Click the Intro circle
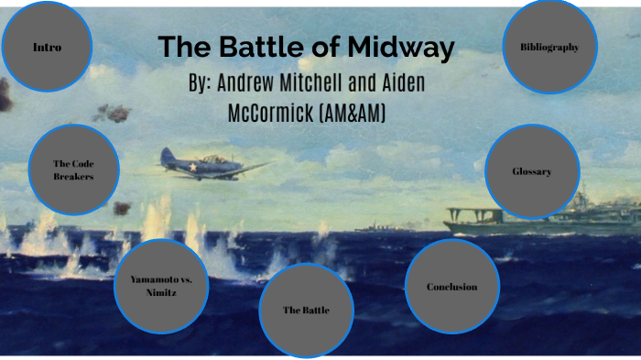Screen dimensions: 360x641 47,47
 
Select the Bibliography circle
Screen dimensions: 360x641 549,47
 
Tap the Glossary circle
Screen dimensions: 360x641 531,171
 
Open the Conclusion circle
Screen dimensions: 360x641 451,287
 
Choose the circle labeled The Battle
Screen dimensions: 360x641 306,310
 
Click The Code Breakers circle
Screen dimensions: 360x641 74,170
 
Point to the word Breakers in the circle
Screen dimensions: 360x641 74,177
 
